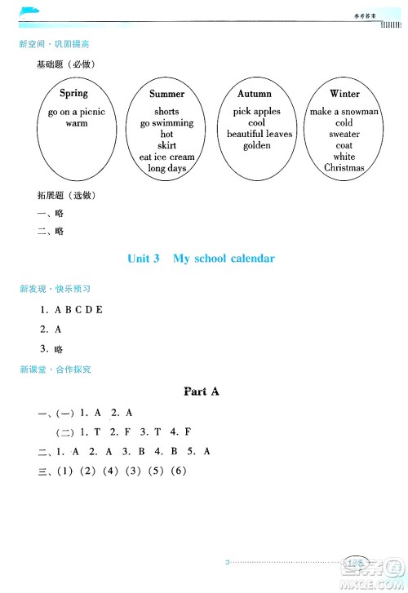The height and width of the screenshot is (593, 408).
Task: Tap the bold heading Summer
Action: pyautogui.click(x=166, y=94)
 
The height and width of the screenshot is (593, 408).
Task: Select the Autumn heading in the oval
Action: pyautogui.click(x=255, y=94)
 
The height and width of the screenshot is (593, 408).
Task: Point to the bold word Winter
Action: pyautogui.click(x=344, y=94)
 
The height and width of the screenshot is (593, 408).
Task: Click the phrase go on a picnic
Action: pyautogui.click(x=77, y=112)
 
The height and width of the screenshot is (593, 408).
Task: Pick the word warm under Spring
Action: pyautogui.click(x=77, y=124)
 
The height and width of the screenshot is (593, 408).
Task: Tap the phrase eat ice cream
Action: pyautogui.click(x=166, y=157)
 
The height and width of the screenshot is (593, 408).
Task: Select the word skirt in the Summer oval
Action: pyautogui.click(x=166, y=145)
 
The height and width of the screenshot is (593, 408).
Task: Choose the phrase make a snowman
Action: pyautogui.click(x=344, y=112)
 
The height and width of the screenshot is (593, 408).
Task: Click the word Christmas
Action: pyautogui.click(x=344, y=168)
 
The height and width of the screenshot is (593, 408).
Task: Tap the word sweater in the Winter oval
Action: pyautogui.click(x=344, y=134)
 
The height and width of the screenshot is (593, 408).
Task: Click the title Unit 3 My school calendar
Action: pyautogui.click(x=202, y=259)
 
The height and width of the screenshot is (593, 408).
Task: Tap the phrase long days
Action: pyautogui.click(x=166, y=168)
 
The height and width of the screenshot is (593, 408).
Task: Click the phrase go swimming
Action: pyautogui.click(x=166, y=123)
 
